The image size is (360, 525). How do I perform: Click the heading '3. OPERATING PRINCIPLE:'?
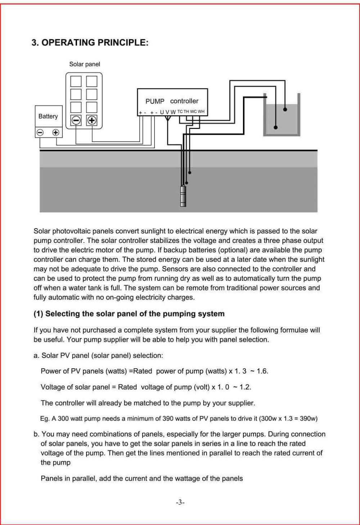[x=90, y=43]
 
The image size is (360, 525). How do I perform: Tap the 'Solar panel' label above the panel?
[x=85, y=64]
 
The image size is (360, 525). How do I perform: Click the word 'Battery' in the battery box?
[x=48, y=116]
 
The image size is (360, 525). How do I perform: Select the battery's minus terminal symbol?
[x=40, y=132]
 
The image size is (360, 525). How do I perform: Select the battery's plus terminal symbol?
[x=56, y=132]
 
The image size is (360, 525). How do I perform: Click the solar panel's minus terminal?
[x=76, y=120]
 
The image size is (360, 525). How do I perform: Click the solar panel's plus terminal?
[x=92, y=120]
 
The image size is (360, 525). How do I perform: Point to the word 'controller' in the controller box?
[x=184, y=101]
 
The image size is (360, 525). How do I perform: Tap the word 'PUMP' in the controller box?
[x=155, y=101]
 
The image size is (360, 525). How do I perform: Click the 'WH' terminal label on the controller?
[x=201, y=112]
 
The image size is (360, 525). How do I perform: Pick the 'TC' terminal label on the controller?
[x=180, y=112]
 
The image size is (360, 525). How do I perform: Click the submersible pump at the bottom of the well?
[x=183, y=196]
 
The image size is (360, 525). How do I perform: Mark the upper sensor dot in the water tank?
[x=285, y=109]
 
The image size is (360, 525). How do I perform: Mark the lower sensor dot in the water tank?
[x=276, y=127]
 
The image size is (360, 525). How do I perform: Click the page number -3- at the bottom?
[x=180, y=502]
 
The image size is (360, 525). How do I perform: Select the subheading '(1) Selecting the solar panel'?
[x=129, y=314]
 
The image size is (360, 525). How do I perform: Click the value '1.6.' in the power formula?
[x=262, y=371]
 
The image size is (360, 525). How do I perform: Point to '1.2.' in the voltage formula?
[x=245, y=387]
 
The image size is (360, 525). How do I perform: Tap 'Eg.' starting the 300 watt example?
[x=45, y=419]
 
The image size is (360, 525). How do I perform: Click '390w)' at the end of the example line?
[x=309, y=419]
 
